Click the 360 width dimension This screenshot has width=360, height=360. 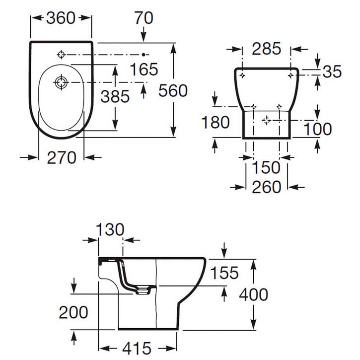61,18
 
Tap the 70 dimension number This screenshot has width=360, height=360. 144,18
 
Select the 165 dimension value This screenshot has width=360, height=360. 144,69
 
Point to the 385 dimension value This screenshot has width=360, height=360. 115,96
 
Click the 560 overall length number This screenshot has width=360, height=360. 173,90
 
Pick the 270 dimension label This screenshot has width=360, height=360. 61,158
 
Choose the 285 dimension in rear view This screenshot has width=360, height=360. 266,49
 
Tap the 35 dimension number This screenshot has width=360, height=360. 332,72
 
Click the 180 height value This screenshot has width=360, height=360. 216,122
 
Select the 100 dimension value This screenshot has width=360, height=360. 317,129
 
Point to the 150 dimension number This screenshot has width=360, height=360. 266,167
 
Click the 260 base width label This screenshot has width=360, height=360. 266,187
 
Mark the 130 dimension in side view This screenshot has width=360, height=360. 110,229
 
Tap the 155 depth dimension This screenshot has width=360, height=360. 224,273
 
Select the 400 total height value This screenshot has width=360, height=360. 253,294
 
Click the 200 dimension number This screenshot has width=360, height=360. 73,312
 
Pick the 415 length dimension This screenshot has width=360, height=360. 137,348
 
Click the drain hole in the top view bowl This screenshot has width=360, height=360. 61,82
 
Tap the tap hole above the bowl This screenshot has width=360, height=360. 61,55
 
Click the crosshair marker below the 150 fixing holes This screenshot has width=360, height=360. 266,120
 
